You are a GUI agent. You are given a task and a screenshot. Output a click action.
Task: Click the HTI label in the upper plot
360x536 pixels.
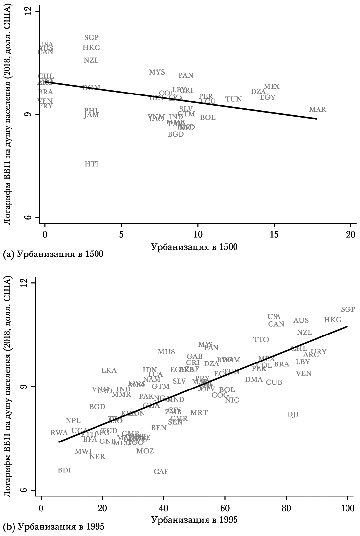pos(92,164)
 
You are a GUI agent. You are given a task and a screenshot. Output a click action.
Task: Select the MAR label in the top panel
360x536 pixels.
pos(318,110)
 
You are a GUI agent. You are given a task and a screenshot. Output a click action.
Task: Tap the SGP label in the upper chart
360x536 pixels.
pos(92,38)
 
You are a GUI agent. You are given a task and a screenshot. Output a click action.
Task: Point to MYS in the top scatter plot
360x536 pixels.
pos(157,72)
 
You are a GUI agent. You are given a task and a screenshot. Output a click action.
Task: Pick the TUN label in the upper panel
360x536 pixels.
pos(234,99)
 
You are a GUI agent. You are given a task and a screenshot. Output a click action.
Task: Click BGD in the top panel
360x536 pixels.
pos(176,134)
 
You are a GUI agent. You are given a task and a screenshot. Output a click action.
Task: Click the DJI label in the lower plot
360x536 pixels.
pos(293,414)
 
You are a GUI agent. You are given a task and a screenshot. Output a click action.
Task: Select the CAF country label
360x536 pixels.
pos(161,472)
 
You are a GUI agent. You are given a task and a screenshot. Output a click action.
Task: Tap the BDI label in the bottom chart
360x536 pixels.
pos(64,470)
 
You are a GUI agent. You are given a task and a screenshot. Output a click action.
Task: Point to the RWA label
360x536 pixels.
pos(59,433)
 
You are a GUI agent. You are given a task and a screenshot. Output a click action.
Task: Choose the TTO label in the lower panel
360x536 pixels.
pos(261,340)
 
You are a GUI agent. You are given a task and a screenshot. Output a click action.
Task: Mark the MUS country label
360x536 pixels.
pos(166,352)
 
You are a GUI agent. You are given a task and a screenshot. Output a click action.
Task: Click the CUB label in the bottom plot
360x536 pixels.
pos(274,383)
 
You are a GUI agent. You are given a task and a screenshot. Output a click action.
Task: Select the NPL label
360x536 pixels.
pos(73,421)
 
